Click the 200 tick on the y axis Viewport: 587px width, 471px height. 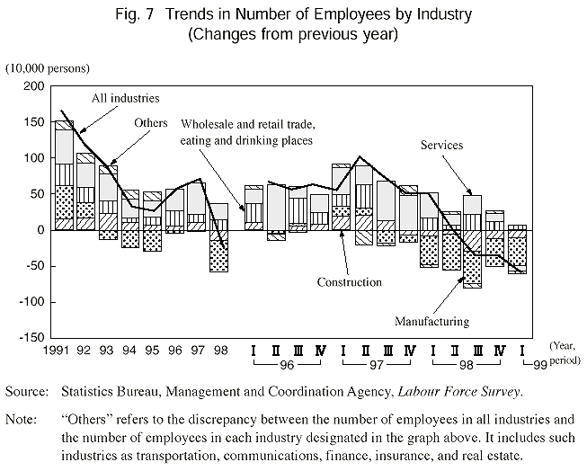tap(33, 86)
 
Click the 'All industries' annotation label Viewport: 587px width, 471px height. tap(126, 97)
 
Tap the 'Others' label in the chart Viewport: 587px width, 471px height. tap(150, 122)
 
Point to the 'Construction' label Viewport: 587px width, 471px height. tap(350, 282)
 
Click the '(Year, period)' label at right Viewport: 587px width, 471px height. tap(565, 351)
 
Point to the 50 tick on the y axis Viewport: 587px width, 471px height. tap(37, 194)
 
